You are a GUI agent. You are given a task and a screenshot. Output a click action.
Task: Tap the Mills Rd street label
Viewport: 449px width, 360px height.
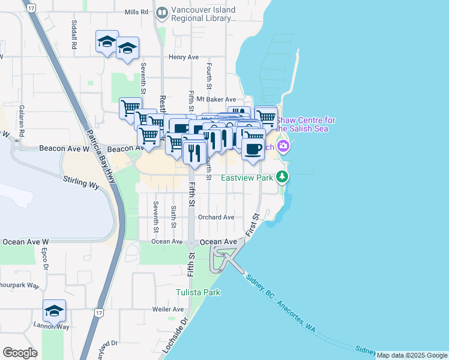[136, 12]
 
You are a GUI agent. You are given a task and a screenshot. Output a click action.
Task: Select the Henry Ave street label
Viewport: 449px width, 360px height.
[183, 57]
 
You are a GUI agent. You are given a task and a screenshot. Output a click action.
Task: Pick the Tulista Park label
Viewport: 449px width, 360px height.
[198, 292]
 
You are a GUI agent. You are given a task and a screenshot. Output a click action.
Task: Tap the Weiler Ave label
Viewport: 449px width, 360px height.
[168, 309]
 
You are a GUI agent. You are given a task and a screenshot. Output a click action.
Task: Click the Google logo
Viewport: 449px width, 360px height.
[20, 353]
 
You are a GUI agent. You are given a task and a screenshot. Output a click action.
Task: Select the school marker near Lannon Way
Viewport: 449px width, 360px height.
[54, 310]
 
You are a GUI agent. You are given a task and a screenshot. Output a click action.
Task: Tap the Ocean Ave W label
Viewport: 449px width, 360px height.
[25, 241]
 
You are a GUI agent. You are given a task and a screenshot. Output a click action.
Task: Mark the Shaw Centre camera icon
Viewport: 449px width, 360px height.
[283, 146]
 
